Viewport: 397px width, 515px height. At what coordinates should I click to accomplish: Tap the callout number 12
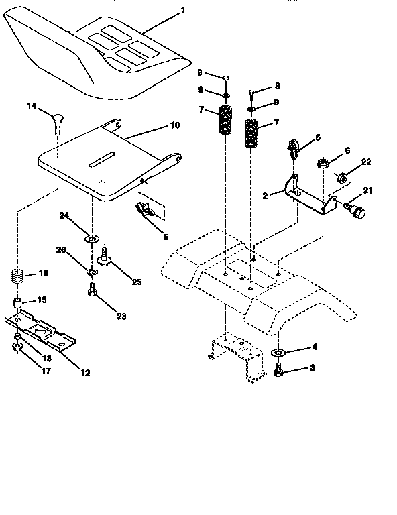click(x=84, y=372)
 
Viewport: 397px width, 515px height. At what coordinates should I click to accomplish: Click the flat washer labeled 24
click(x=91, y=238)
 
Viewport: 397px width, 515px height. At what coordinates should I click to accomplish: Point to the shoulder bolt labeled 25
click(x=105, y=255)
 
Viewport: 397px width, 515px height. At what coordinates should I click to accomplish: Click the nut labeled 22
click(x=340, y=178)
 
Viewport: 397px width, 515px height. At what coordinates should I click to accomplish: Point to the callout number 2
click(x=266, y=196)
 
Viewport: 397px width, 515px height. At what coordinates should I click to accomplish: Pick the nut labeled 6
click(x=322, y=163)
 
